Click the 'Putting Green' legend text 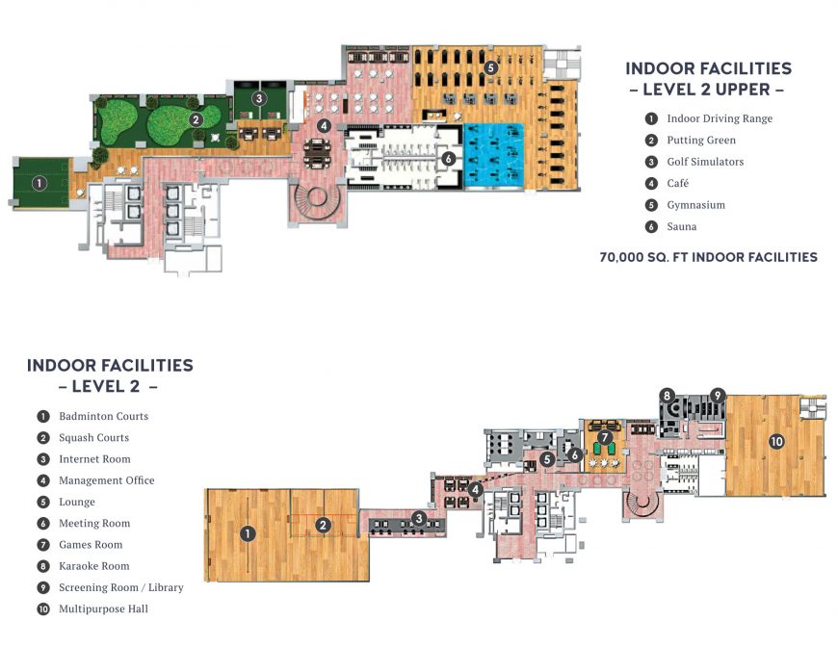701,141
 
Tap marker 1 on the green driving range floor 39,182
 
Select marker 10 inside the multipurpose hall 775,441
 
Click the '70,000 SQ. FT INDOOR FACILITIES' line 708,257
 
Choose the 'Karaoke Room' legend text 93,566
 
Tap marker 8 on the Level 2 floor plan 667,395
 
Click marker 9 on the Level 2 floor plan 717,395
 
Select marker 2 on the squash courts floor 325,525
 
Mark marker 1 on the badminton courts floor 248,532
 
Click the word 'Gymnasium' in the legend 695,205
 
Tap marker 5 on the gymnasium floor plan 491,67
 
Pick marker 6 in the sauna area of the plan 448,158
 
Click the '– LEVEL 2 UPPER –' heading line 707,91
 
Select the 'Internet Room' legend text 94,459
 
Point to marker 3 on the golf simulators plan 258,98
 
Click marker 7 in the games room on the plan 604,437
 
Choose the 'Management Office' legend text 106,480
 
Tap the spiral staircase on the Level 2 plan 642,501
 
